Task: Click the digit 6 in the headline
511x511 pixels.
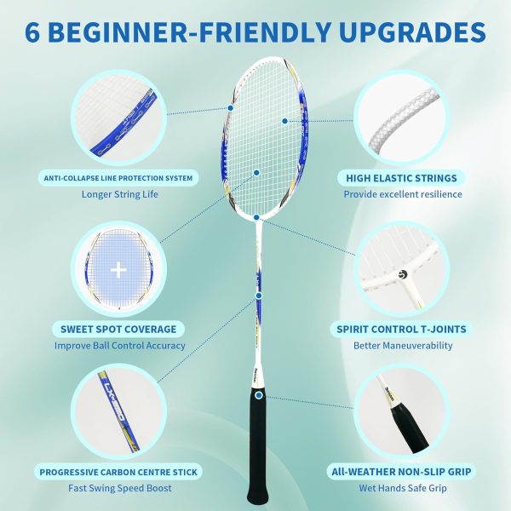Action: click(x=33, y=32)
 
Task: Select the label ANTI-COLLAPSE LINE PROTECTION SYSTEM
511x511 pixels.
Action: click(x=118, y=178)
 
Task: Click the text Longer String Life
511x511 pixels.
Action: click(x=119, y=194)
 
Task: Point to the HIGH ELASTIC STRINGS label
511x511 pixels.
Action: click(x=401, y=178)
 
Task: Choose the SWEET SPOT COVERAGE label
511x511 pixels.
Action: click(x=118, y=329)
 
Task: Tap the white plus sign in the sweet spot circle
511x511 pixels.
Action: click(x=118, y=270)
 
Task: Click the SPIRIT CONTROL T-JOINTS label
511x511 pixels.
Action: click(x=401, y=329)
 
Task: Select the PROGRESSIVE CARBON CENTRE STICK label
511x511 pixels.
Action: click(x=118, y=472)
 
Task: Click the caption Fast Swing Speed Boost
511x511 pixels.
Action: click(x=119, y=488)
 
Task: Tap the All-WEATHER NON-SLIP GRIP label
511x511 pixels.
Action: click(x=401, y=472)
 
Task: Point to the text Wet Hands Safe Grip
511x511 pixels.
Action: click(x=403, y=488)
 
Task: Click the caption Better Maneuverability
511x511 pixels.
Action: click(x=403, y=346)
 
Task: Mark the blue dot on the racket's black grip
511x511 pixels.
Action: click(x=259, y=395)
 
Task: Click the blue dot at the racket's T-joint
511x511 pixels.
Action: click(x=256, y=217)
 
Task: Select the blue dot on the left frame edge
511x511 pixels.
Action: click(x=231, y=108)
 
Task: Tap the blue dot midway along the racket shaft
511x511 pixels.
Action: click(x=259, y=296)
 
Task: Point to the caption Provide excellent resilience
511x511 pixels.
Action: click(x=403, y=194)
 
